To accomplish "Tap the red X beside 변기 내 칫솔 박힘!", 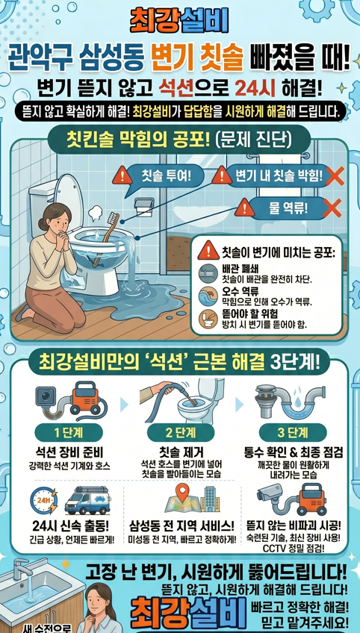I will coord(335,176).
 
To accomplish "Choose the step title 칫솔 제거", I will coord(179,452).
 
